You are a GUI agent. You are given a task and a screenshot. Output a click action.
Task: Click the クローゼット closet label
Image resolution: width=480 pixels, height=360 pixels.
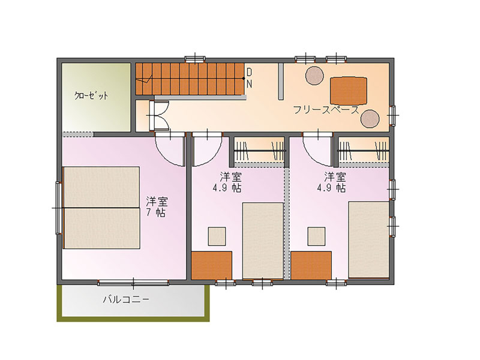[91, 95]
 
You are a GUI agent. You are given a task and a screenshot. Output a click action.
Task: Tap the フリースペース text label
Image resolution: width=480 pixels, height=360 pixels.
[326, 110]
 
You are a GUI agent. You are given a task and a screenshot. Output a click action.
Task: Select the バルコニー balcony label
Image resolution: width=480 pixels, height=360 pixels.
[126, 299]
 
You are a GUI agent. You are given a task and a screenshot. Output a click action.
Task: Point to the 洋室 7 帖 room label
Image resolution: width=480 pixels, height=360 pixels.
[157, 206]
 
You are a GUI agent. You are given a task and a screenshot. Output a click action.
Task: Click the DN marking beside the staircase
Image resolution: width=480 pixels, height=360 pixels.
[249, 78]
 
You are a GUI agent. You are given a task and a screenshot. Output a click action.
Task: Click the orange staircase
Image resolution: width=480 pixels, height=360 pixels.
[190, 79]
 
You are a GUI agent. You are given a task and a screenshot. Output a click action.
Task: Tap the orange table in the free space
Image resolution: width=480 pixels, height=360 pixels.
[349, 91]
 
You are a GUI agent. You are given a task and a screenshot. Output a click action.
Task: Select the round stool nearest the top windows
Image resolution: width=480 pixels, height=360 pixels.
[314, 76]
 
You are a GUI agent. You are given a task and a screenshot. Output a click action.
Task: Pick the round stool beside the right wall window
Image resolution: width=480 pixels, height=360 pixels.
[370, 118]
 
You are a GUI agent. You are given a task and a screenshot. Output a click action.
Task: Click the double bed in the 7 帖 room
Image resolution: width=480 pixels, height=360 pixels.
[101, 208]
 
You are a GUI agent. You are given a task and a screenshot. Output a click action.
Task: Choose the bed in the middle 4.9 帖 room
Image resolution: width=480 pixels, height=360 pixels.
[263, 241]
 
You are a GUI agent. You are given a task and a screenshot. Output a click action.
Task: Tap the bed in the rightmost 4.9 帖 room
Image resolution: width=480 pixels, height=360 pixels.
[369, 239]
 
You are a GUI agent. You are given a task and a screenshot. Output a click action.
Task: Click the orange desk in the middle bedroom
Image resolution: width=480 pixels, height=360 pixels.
[212, 265]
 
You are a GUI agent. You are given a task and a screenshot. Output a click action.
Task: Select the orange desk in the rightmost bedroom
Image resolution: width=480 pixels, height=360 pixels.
[311, 265]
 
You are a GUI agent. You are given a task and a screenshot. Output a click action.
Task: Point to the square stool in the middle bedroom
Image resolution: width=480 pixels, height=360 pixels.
[217, 236]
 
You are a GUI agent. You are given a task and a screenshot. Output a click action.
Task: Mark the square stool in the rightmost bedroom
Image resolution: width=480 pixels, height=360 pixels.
[317, 236]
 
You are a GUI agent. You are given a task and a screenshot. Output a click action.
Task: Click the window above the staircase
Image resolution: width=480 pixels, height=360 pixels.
[195, 58]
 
